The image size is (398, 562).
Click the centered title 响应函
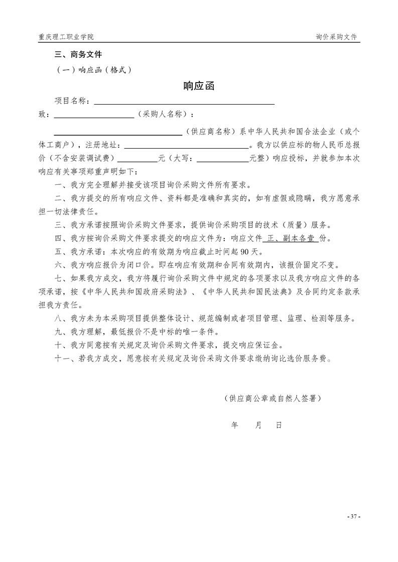(199, 86)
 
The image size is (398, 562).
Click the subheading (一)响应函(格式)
(93, 70)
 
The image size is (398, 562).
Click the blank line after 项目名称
(184, 102)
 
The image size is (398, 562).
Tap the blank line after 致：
(93, 115)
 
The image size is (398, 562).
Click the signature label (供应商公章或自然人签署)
(273, 399)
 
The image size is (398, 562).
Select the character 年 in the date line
(234, 425)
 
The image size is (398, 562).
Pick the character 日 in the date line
(279, 425)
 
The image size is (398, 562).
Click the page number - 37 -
(354, 516)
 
